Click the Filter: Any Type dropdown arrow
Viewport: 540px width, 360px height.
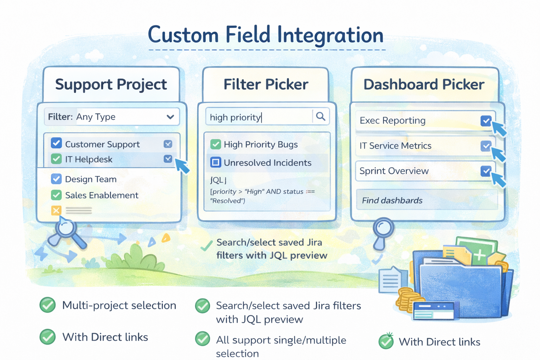coord(171,117)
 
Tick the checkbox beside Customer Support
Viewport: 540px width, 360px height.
coord(56,143)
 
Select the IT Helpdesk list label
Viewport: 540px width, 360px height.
coord(89,159)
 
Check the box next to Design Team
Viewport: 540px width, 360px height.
coord(56,179)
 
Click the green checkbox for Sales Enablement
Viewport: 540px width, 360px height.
coord(56,195)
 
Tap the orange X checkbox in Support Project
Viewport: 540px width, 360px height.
coord(56,210)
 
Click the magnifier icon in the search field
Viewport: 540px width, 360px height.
coord(321,116)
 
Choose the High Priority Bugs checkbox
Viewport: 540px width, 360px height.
coord(216,144)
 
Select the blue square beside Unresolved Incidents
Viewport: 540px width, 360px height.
coord(216,162)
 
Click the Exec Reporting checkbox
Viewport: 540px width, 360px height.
coord(486,121)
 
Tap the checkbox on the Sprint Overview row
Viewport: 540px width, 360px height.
coord(486,171)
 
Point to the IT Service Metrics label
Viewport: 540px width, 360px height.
coord(395,146)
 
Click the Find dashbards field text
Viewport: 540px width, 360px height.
coord(392,200)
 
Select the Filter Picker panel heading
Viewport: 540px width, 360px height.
coord(266,84)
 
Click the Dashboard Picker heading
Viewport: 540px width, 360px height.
coord(424,84)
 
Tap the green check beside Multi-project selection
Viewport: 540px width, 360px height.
coord(47,305)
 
